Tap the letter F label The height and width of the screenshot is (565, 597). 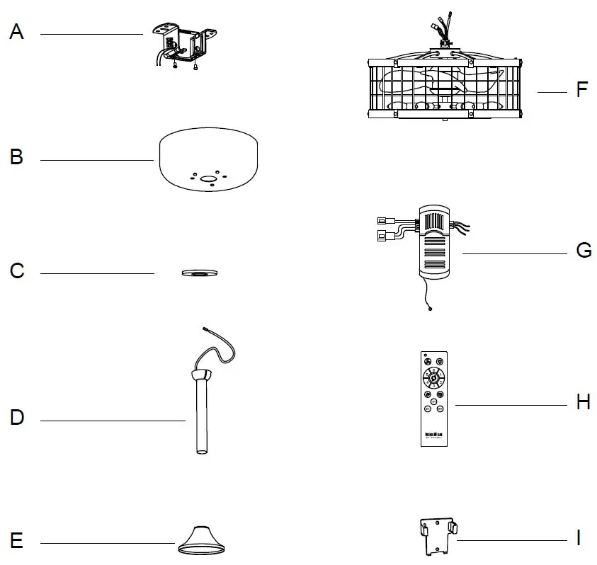pos(582,91)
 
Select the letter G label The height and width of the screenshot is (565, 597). pos(584,251)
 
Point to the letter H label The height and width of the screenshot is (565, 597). pos(583,402)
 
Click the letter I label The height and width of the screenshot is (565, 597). pos(579,539)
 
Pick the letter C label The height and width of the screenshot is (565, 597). pos(18,271)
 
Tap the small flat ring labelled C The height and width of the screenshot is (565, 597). pos(198,273)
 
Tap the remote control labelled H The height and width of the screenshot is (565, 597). pos(434,397)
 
